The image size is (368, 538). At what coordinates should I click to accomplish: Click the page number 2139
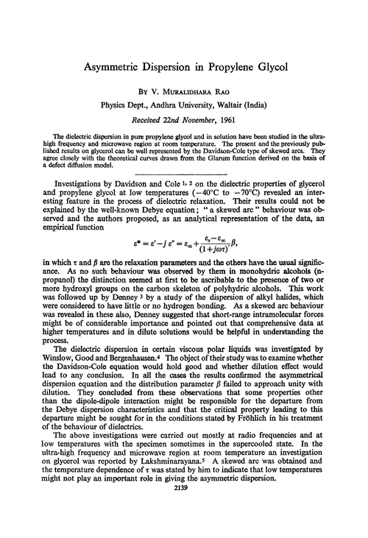(183, 529)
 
